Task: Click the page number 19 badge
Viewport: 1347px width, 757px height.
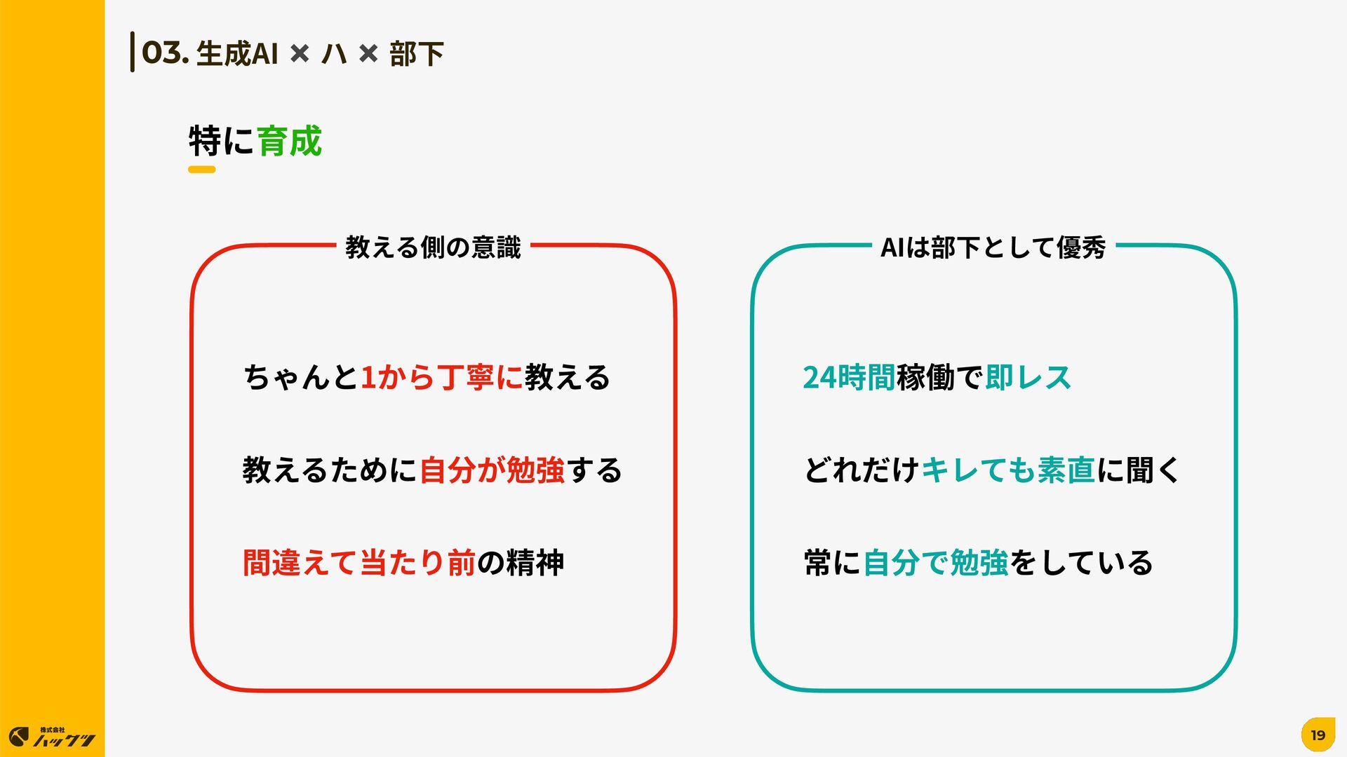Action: pyautogui.click(x=1318, y=735)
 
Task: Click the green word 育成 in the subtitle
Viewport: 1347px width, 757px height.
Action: pyautogui.click(x=289, y=141)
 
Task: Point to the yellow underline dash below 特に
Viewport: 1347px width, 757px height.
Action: pyautogui.click(x=201, y=170)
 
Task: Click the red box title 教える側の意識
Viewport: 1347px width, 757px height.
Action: pyautogui.click(x=433, y=247)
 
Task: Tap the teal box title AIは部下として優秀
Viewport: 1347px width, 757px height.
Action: pyautogui.click(x=993, y=247)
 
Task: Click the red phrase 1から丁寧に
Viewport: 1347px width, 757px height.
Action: pyautogui.click(x=441, y=377)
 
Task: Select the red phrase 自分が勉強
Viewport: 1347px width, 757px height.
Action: pyautogui.click(x=492, y=470)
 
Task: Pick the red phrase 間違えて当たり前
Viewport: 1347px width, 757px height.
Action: pyautogui.click(x=359, y=563)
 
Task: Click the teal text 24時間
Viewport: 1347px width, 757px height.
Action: pyautogui.click(x=848, y=377)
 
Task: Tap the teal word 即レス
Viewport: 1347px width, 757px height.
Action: pyautogui.click(x=1028, y=377)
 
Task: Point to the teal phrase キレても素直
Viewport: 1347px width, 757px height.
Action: pyautogui.click(x=1007, y=470)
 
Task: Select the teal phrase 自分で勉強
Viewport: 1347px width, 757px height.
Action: pyautogui.click(x=936, y=563)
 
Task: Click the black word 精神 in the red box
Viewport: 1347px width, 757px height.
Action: pyautogui.click(x=535, y=563)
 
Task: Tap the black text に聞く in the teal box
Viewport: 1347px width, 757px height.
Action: pyautogui.click(x=1139, y=470)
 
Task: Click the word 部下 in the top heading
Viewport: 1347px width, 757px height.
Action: pyautogui.click(x=416, y=54)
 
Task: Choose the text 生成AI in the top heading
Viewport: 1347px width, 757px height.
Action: pyautogui.click(x=237, y=54)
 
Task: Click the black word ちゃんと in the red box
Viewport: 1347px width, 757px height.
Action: pyautogui.click(x=301, y=377)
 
